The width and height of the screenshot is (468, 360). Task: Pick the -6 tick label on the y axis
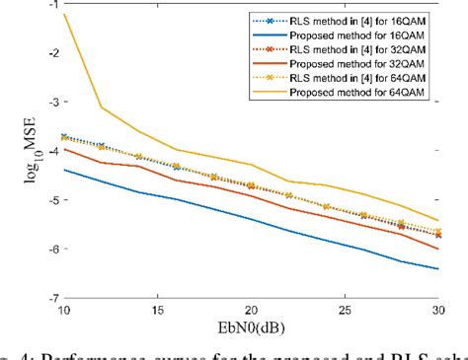45,249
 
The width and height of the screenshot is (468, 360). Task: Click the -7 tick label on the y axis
45,297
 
